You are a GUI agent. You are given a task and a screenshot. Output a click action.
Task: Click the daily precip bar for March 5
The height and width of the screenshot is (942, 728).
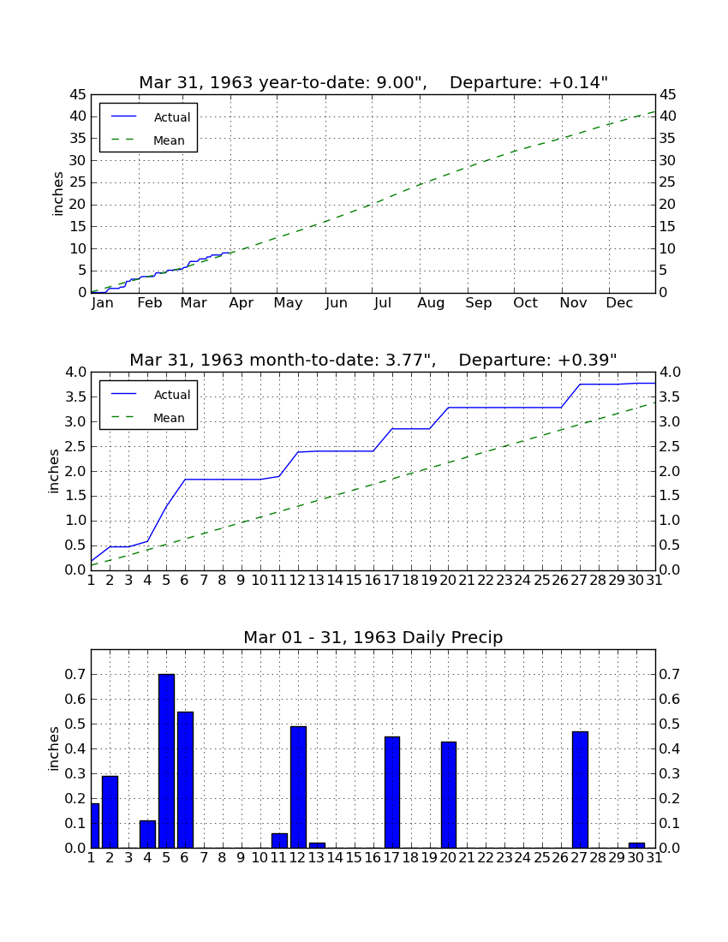pos(166,760)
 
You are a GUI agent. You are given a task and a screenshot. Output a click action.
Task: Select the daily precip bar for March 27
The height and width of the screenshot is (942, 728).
pos(580,790)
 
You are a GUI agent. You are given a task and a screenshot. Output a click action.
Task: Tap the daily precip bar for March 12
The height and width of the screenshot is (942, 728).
pos(299,787)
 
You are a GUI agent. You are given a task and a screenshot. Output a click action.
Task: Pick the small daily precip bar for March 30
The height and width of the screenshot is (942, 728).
pos(636,845)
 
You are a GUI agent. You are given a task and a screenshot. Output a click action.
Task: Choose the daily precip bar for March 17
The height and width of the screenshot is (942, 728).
pos(392,792)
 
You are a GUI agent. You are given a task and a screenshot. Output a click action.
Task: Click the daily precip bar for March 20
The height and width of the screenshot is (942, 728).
pos(449,794)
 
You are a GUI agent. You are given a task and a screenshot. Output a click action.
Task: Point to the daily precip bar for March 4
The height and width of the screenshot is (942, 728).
pos(148,834)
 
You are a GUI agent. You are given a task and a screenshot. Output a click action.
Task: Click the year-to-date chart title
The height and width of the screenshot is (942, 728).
pos(373,82)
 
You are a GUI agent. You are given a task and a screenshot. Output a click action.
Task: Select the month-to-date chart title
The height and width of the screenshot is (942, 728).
pos(373,360)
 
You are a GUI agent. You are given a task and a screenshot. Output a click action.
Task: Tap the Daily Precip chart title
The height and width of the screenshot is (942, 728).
pos(373,637)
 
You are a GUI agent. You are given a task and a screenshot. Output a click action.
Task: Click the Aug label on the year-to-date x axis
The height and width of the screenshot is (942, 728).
pos(431,303)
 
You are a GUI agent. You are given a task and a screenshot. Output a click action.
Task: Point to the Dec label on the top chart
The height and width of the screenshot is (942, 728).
pos(619,303)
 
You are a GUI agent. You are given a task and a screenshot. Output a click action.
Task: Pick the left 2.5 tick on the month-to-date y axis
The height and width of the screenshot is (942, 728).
pos(76,446)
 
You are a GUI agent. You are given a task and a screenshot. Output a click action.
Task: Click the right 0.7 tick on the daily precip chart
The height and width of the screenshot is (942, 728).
pos(670,675)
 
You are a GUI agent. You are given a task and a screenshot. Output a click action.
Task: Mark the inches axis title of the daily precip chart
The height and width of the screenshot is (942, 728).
pos(54,748)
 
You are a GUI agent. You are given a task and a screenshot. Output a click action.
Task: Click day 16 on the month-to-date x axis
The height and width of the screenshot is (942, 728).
pos(373,581)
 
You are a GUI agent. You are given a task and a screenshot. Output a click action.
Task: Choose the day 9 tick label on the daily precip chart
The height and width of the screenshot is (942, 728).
pos(242,858)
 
